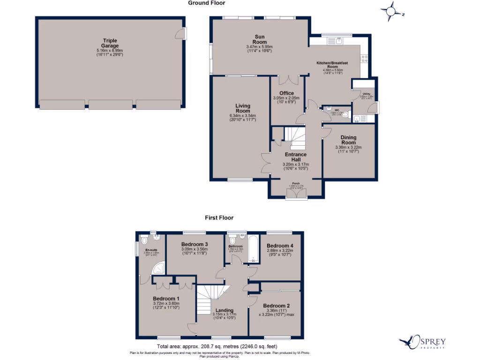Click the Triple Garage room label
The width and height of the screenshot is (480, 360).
pos(110,41)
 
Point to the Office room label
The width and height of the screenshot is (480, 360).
pos(286,93)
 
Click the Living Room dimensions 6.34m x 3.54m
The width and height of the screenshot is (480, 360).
pos(243,116)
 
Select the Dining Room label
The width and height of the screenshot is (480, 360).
pos(348,140)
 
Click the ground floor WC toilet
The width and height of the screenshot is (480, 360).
pos(345,113)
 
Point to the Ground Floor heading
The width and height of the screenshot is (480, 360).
pos(207,3)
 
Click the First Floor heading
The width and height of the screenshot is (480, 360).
pos(219,217)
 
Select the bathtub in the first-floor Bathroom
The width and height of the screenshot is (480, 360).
pos(253,248)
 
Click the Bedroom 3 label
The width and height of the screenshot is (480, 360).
pos(195,244)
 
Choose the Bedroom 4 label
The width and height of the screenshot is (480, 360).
pos(280,246)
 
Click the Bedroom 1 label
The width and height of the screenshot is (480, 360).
pos(166,299)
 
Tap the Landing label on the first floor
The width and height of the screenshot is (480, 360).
pos(225,310)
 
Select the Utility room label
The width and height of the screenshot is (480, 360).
pos(366,94)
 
